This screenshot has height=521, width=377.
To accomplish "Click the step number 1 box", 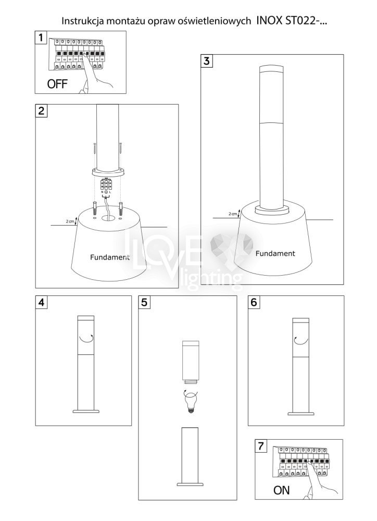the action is point(41,37).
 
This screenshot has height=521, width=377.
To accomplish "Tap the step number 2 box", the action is point(41,110).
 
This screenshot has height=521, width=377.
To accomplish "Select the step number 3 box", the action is point(207,61).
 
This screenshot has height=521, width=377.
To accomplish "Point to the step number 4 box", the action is point(41,302).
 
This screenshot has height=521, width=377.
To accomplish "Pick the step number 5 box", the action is point(144,302).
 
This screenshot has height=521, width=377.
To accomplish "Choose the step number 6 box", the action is point(254,302).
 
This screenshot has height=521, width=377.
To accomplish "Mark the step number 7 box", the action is point(261,446).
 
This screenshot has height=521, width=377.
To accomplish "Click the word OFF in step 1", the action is point(57,84).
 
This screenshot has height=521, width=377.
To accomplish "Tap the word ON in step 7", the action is point(281,490).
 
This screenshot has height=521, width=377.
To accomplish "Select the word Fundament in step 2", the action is point(110,257).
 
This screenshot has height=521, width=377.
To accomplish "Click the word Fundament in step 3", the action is point(275,254).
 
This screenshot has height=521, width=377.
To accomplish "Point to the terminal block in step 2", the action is point(106,184).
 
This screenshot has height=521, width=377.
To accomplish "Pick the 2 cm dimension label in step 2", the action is point(70,221).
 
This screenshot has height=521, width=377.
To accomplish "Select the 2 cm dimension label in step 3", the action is point(233,214).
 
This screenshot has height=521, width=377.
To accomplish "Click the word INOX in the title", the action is point(269,21).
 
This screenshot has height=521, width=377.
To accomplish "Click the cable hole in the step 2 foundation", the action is point(107,218).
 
